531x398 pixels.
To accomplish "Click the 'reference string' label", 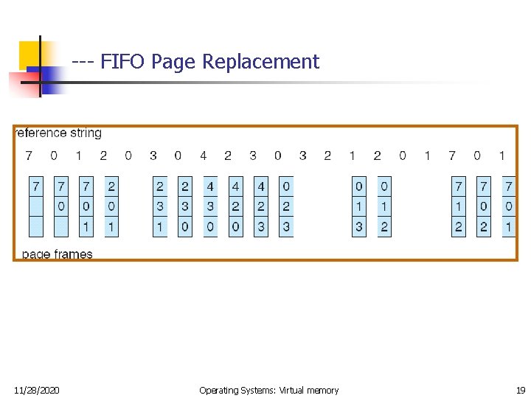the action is point(59,133).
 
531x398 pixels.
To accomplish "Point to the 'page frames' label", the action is point(58,254).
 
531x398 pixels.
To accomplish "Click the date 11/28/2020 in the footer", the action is point(37,390).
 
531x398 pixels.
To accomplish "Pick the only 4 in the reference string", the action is point(203,156).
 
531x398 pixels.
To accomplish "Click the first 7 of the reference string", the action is point(28,156).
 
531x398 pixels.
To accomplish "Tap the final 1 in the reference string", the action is point(502,156).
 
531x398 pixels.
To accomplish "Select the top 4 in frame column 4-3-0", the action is point(210,186).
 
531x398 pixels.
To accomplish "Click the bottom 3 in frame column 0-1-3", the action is point(359,227).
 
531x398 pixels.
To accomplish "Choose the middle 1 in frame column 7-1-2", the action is point(459,206).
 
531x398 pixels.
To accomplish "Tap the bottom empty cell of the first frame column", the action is point(37,227).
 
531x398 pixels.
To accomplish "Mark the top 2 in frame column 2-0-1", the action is point(111,186).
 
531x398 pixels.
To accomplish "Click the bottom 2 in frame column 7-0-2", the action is point(484,227).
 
